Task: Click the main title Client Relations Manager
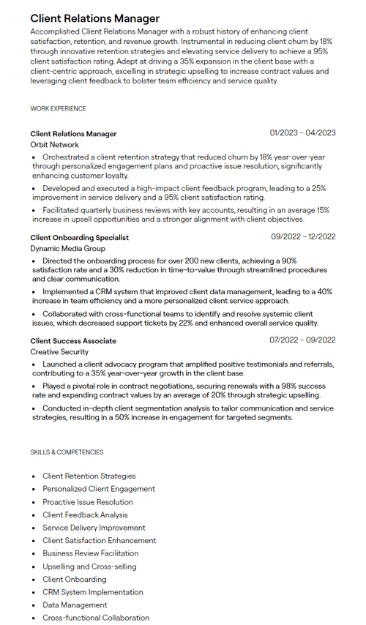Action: point(94,18)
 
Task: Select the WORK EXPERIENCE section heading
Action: point(58,109)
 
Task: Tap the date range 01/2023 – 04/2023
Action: point(302,133)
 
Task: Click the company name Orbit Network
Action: point(54,145)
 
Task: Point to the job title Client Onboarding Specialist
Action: point(79,237)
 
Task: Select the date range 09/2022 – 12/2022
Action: point(303,236)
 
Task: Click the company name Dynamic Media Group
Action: point(67,249)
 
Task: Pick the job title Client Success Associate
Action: point(73,341)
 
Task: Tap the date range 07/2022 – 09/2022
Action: point(302,340)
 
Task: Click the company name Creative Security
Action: point(59,352)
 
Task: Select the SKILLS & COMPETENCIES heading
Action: point(67,452)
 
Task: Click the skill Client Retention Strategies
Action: point(89,476)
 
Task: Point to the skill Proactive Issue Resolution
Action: point(87,502)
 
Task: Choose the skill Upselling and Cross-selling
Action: point(89,566)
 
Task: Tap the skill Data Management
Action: point(75,605)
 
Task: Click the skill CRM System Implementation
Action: point(92,592)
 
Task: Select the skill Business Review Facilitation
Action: point(90,553)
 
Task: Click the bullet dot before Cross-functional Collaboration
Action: point(34,618)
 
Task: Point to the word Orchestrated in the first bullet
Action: point(65,157)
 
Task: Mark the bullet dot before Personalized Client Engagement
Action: point(34,490)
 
